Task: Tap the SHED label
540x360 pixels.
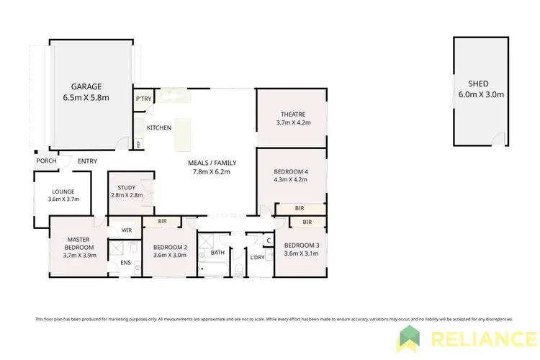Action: coord(477,84)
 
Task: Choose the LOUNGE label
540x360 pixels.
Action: coord(63,191)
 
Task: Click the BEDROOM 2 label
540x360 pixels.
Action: coord(170,247)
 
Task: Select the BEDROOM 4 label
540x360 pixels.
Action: coord(291,171)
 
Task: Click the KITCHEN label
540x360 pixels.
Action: coord(159,127)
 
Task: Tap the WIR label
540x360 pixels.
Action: coord(127,230)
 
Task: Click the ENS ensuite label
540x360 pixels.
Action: coord(125,263)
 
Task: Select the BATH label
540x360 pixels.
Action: coord(217,253)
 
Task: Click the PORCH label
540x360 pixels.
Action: coord(45,161)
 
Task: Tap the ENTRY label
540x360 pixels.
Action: coord(87,161)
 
